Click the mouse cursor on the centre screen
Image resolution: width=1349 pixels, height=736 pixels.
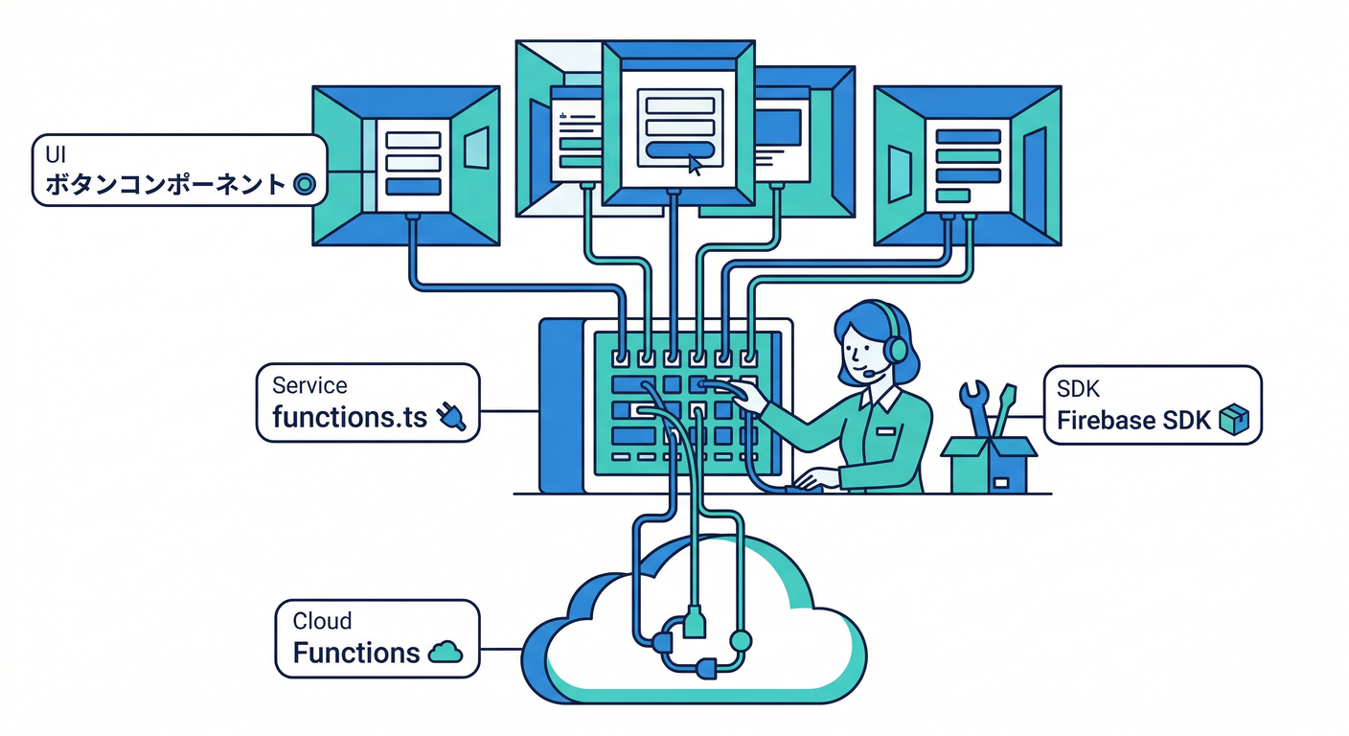click(695, 165)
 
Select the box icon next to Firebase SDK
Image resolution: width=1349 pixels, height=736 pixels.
click(1233, 419)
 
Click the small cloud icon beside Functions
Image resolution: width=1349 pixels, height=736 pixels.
click(444, 653)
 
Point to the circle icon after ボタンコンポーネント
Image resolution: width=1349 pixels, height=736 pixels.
click(303, 184)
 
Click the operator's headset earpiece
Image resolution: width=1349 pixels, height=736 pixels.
click(896, 350)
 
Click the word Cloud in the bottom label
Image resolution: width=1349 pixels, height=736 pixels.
click(322, 621)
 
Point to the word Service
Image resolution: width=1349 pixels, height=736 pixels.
click(309, 385)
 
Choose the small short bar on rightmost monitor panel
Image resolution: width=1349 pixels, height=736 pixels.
click(951, 195)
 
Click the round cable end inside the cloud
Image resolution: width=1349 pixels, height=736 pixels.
click(739, 638)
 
